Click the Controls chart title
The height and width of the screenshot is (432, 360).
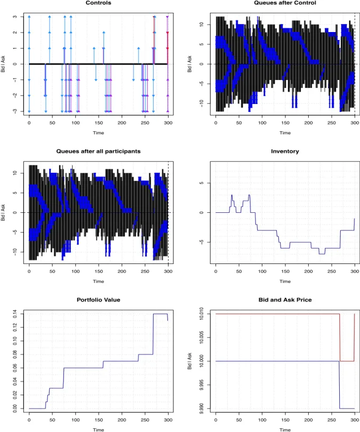tap(98, 3)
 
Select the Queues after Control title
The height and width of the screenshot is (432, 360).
tap(285, 3)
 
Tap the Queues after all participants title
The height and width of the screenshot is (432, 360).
tap(98, 151)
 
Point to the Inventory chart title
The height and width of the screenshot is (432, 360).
tap(285, 151)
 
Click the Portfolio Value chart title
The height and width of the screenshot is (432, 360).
tap(98, 300)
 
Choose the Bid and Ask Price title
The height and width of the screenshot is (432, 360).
tap(285, 300)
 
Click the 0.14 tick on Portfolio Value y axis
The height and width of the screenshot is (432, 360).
tap(15, 314)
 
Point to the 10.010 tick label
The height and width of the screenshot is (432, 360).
tap(202, 314)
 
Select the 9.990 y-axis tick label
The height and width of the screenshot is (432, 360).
tap(202, 409)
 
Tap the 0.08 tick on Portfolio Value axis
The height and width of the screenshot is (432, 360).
tap(15, 354)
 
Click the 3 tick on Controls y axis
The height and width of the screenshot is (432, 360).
tap(15, 17)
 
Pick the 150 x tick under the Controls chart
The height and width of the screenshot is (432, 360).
tap(99, 123)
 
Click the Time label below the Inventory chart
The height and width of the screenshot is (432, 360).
tap(285, 281)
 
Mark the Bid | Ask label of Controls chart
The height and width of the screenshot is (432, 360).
tap(3, 64)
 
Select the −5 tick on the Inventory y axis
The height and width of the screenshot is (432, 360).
tap(202, 242)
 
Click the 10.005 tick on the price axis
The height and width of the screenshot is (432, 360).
tap(202, 338)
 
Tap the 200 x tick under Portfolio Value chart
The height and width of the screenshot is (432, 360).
tap(122, 420)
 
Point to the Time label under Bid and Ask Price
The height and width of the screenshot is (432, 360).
tap(285, 430)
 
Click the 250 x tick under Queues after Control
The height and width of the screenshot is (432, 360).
tap(332, 123)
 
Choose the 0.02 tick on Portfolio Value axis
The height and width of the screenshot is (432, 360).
tap(15, 395)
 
